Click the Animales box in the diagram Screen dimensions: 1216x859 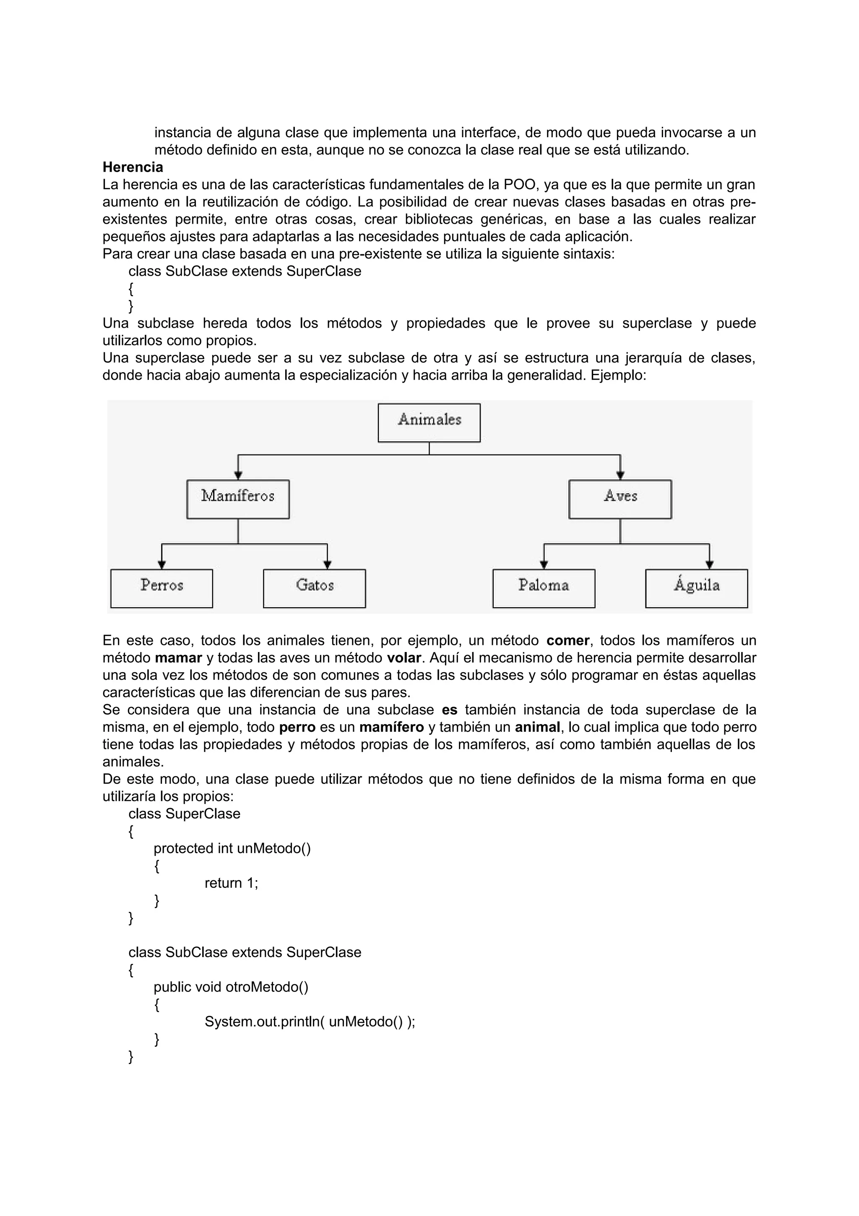(x=429, y=423)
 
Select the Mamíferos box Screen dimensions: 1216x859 (x=238, y=499)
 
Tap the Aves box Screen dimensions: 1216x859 (x=620, y=499)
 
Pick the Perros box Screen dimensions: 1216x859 (x=161, y=588)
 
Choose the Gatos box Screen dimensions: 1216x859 (x=315, y=588)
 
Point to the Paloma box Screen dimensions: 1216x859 (x=544, y=588)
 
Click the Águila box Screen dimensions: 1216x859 (x=697, y=588)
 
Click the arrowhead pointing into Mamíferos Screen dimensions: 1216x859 (x=238, y=475)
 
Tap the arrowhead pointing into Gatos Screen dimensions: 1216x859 (x=327, y=565)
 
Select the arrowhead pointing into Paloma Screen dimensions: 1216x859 (x=544, y=565)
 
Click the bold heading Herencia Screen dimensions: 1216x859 (x=133, y=167)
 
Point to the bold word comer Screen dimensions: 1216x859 (x=567, y=640)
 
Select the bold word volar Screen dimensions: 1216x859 (x=404, y=658)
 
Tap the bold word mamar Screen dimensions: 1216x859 (x=178, y=658)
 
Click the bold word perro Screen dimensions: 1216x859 (x=297, y=727)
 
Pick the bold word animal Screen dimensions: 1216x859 (x=537, y=727)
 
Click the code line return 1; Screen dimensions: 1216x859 (x=231, y=883)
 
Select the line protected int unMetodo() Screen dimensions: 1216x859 (x=232, y=848)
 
